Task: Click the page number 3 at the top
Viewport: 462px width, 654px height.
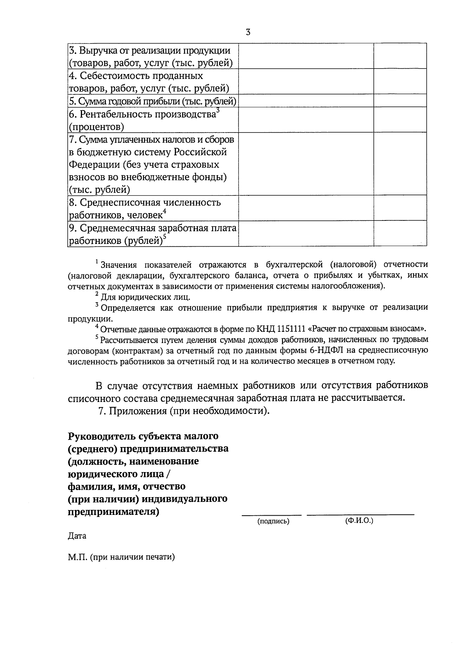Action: click(248, 33)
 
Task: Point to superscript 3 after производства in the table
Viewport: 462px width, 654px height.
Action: click(218, 111)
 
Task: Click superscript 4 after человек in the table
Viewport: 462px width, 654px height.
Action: click(165, 211)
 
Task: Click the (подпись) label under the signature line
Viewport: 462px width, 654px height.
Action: click(273, 521)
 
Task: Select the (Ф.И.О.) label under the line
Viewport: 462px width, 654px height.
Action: click(360, 521)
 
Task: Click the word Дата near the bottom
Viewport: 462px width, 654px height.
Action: click(77, 536)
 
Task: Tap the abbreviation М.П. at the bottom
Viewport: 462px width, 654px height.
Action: click(77, 557)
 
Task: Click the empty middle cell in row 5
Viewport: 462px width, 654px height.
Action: click(306, 101)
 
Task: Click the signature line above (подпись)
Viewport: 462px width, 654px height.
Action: click(272, 514)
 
